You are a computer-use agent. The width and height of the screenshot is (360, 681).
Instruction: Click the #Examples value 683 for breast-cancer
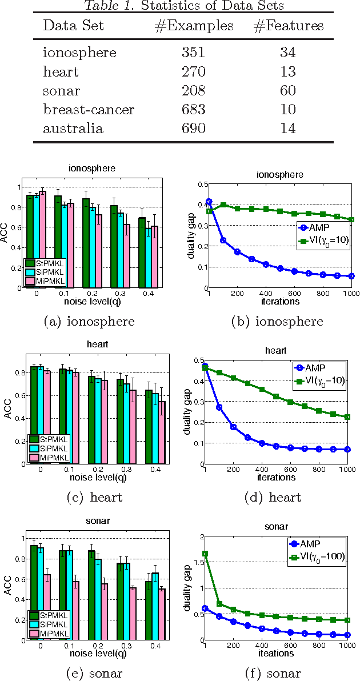[x=194, y=109]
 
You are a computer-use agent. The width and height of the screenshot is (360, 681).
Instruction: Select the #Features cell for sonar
[x=288, y=90]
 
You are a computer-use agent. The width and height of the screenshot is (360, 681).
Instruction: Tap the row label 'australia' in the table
[x=73, y=128]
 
